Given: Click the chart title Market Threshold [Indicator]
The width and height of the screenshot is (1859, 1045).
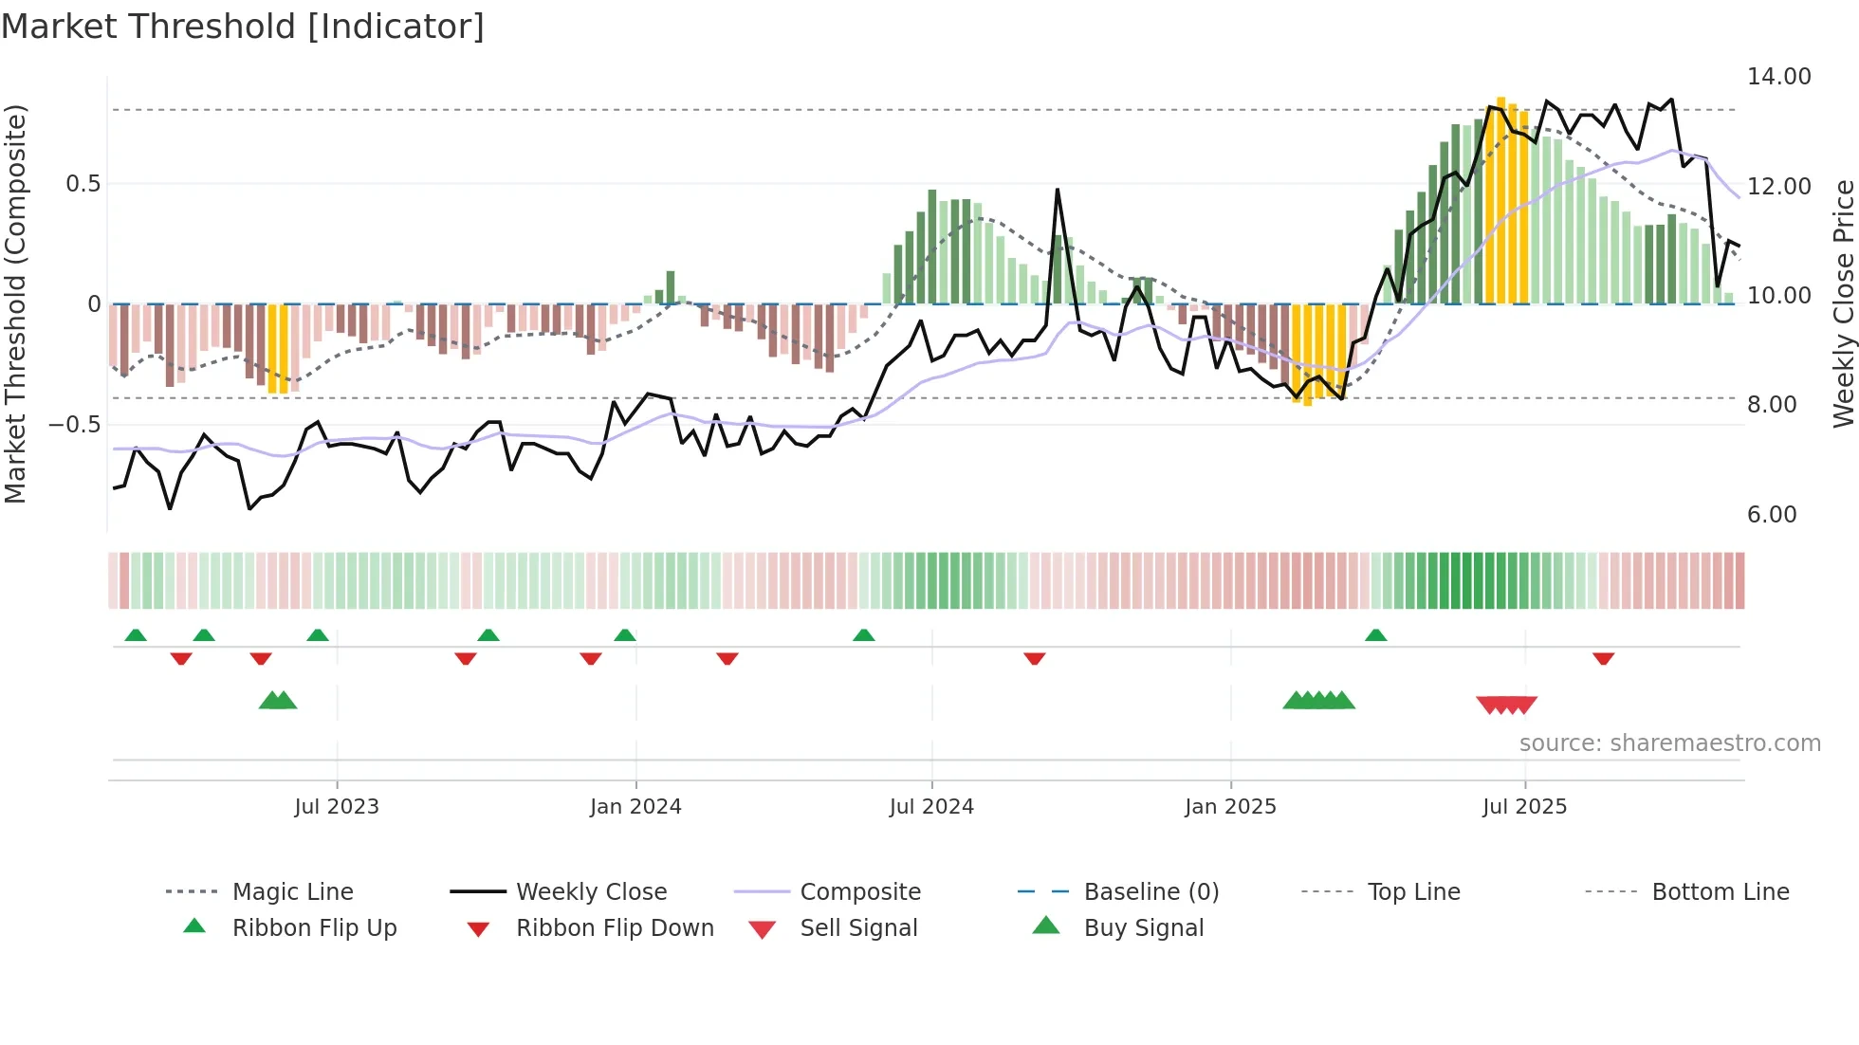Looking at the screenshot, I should click(x=243, y=27).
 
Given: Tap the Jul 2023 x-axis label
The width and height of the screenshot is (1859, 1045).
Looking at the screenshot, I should click(x=336, y=807).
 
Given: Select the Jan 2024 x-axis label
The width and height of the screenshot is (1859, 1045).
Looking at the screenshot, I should click(x=635, y=807).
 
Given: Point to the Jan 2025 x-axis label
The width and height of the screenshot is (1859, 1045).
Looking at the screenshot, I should click(x=1230, y=807).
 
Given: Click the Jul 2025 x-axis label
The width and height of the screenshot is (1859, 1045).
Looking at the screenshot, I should click(x=1524, y=807).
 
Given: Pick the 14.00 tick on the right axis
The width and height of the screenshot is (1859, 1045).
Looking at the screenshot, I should click(x=1778, y=77).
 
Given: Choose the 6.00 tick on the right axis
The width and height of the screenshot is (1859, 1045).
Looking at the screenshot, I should click(x=1771, y=515).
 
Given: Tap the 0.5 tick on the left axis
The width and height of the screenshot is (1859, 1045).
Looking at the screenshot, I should click(x=83, y=184).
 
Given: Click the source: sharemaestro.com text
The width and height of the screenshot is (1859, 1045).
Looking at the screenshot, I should click(x=1669, y=743).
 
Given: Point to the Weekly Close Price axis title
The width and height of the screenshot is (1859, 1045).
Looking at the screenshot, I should click(x=1843, y=303).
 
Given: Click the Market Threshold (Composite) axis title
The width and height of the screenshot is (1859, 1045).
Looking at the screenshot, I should click(x=15, y=303).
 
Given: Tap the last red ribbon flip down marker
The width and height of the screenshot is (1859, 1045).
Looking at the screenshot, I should click(x=1603, y=659).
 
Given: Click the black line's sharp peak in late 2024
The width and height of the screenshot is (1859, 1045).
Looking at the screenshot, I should click(x=1057, y=190).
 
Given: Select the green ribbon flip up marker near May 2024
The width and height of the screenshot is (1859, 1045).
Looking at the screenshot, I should click(x=863, y=635).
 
